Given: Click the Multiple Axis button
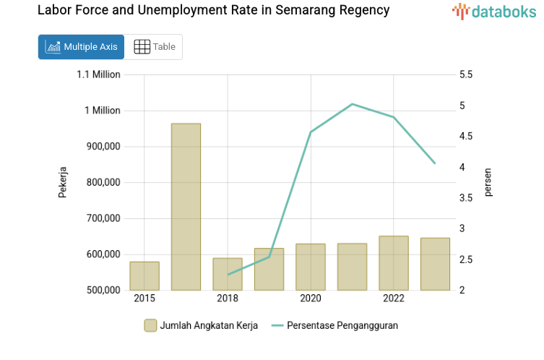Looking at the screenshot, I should [x=81, y=47].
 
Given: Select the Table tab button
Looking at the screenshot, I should [x=154, y=47].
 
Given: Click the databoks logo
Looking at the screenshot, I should [x=494, y=11].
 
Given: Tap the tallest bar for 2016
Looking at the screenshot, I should [x=186, y=207].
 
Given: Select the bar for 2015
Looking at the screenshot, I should [x=144, y=276].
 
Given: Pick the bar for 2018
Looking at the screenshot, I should [x=228, y=275].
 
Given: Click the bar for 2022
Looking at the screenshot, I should [x=394, y=263].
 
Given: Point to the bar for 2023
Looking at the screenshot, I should [x=435, y=264].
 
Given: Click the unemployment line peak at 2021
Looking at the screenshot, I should [x=352, y=104].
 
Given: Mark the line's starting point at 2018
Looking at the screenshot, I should [x=228, y=275].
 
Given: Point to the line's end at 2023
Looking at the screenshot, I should [x=435, y=163].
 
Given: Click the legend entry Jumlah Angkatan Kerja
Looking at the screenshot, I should [x=200, y=325].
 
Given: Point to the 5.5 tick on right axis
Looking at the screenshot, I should [x=465, y=74].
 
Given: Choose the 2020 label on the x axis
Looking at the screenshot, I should [x=311, y=299].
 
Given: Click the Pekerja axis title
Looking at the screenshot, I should [x=63, y=182].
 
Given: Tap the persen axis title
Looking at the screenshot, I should [x=488, y=182].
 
